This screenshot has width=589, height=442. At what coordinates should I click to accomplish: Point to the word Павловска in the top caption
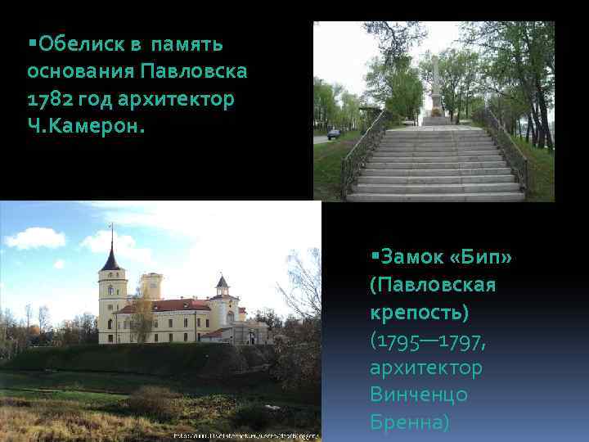195,70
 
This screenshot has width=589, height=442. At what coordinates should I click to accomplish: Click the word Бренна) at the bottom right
409,422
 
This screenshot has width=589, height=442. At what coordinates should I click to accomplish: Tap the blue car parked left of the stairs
334,133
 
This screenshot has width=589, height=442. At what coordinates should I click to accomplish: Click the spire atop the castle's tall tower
111,241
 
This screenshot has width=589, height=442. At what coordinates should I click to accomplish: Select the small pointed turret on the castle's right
222,282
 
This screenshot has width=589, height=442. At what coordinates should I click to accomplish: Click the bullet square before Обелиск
31,40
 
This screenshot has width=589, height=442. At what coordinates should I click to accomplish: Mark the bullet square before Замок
373,256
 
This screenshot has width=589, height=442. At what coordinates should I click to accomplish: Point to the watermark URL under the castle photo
245,435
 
